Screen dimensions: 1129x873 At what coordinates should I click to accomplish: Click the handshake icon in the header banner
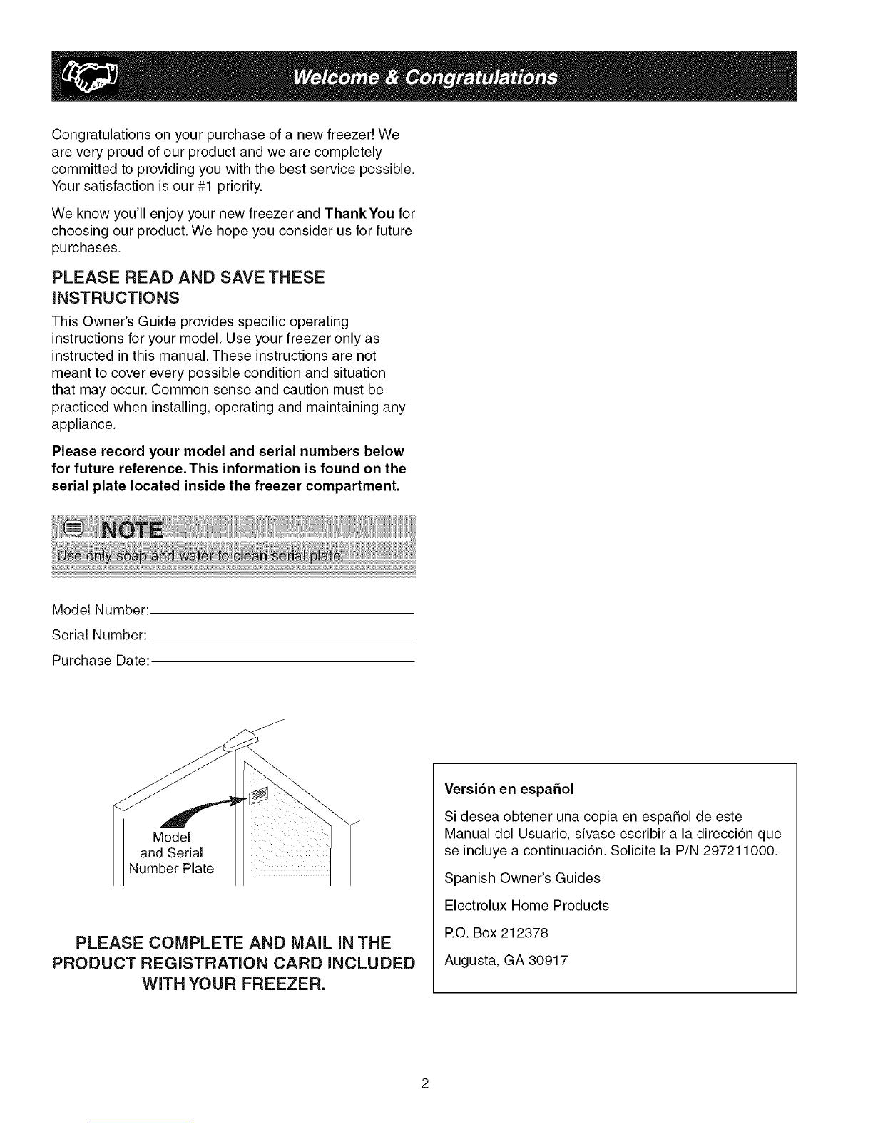93,77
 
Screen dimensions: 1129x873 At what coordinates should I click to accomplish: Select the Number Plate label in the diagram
171,869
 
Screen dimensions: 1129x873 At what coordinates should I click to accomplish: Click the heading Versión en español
509,789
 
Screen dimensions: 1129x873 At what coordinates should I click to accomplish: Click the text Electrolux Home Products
526,905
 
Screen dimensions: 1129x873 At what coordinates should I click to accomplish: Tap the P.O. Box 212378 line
499,932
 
